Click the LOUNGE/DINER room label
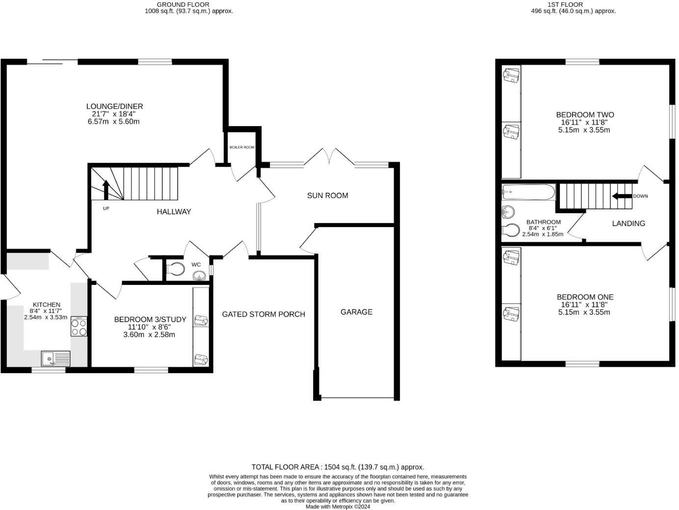pos(114,106)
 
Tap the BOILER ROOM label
pos(242,148)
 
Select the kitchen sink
pos(55,358)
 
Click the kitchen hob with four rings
pos(79,326)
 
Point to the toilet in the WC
pos(175,269)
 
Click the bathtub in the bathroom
pos(529,192)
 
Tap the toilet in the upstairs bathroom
pos(511,229)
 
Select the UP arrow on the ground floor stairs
pos(106,190)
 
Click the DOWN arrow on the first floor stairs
pos(623,196)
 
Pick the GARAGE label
pos(356,312)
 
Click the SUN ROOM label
pos(328,195)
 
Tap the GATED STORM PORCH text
pos(263,314)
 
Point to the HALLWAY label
pos(174,212)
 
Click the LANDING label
pos(628,223)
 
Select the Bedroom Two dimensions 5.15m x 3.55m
pos(584,130)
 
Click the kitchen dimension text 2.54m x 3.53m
pos(46,317)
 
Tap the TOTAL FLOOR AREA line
pos(338,467)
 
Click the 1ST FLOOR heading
pos(574,4)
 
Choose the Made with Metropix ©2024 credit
pos(338,507)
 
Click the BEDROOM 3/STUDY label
pos(150,319)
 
